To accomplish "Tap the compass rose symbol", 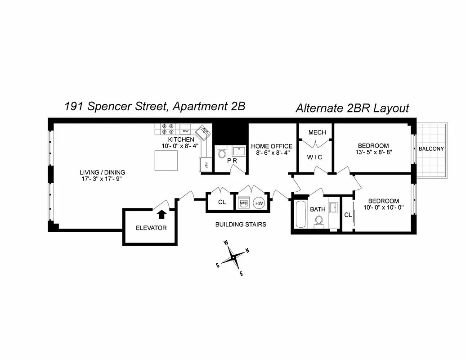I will click(x=233, y=258).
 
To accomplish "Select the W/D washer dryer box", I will click(x=243, y=203).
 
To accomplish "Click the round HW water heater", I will click(x=259, y=203).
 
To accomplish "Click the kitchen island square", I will click(x=166, y=161).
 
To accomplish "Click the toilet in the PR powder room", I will click(x=221, y=154).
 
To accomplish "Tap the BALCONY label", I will click(x=431, y=149).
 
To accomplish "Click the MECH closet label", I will click(x=317, y=132).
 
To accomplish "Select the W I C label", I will click(x=314, y=157).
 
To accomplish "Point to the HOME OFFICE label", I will click(x=272, y=146).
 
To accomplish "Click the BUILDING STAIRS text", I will click(x=241, y=224).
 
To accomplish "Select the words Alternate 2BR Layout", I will click(x=352, y=108).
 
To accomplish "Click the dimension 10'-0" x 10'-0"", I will click(x=383, y=208).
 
